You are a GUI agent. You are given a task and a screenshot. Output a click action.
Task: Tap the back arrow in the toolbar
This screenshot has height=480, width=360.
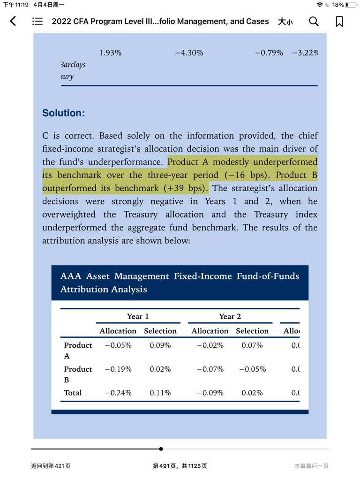(x=13, y=21)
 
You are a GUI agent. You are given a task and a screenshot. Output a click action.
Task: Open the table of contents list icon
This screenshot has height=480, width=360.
(x=37, y=21)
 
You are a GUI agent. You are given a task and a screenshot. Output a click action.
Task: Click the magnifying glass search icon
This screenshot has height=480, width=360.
(x=314, y=21)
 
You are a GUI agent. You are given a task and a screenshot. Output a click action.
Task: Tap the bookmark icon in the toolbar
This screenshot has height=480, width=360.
(x=339, y=21)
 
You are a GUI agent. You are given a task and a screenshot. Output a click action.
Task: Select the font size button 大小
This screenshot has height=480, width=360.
(x=285, y=21)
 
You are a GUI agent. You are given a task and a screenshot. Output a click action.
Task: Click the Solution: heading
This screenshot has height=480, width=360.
(x=64, y=113)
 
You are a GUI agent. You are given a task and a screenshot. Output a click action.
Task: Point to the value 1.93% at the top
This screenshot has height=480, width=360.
(x=110, y=52)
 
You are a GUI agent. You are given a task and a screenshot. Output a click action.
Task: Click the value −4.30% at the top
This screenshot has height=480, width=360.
(x=189, y=52)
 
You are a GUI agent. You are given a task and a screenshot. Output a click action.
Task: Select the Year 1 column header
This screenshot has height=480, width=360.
(x=138, y=316)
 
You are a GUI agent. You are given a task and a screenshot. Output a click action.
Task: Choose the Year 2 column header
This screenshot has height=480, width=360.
(x=230, y=316)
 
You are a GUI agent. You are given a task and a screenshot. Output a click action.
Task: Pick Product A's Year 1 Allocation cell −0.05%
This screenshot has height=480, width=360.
(x=118, y=345)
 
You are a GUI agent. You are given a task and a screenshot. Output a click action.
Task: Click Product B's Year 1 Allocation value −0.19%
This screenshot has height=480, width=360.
(x=118, y=369)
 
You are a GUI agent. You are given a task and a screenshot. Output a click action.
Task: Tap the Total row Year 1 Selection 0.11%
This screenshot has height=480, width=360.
(x=160, y=393)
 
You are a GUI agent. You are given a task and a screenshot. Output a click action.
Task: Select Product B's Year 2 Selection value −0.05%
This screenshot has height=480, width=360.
(x=252, y=369)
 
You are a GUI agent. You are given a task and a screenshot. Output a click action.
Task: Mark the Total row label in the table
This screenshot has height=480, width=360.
(x=73, y=393)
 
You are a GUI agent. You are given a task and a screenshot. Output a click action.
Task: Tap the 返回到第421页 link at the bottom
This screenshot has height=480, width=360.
(x=51, y=465)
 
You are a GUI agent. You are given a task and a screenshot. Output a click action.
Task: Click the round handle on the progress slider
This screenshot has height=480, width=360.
(x=161, y=449)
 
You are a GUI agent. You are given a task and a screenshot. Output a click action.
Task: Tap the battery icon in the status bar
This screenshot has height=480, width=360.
(x=351, y=5)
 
